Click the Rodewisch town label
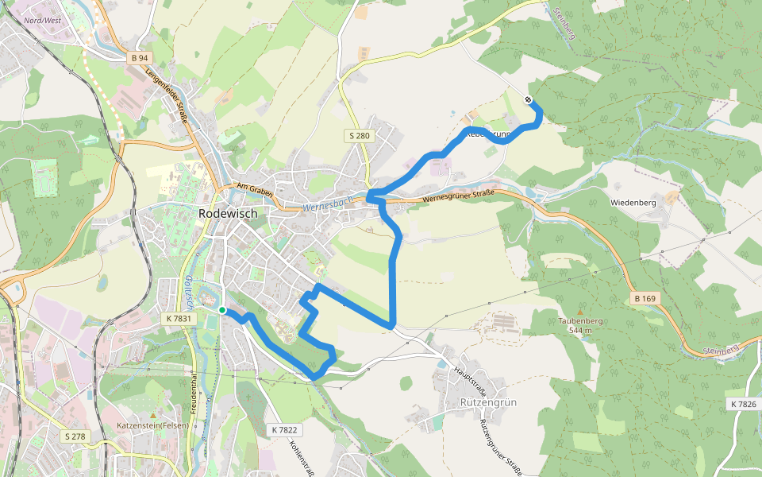point(228,213)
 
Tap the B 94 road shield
point(140,58)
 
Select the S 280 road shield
point(359,136)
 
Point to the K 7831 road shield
point(179,318)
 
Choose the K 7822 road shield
point(283,429)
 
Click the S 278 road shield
point(75,436)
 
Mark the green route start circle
point(222,310)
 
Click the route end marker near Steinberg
point(529,99)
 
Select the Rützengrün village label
point(488,402)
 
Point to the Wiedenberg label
point(633,203)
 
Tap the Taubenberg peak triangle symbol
point(580,312)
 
